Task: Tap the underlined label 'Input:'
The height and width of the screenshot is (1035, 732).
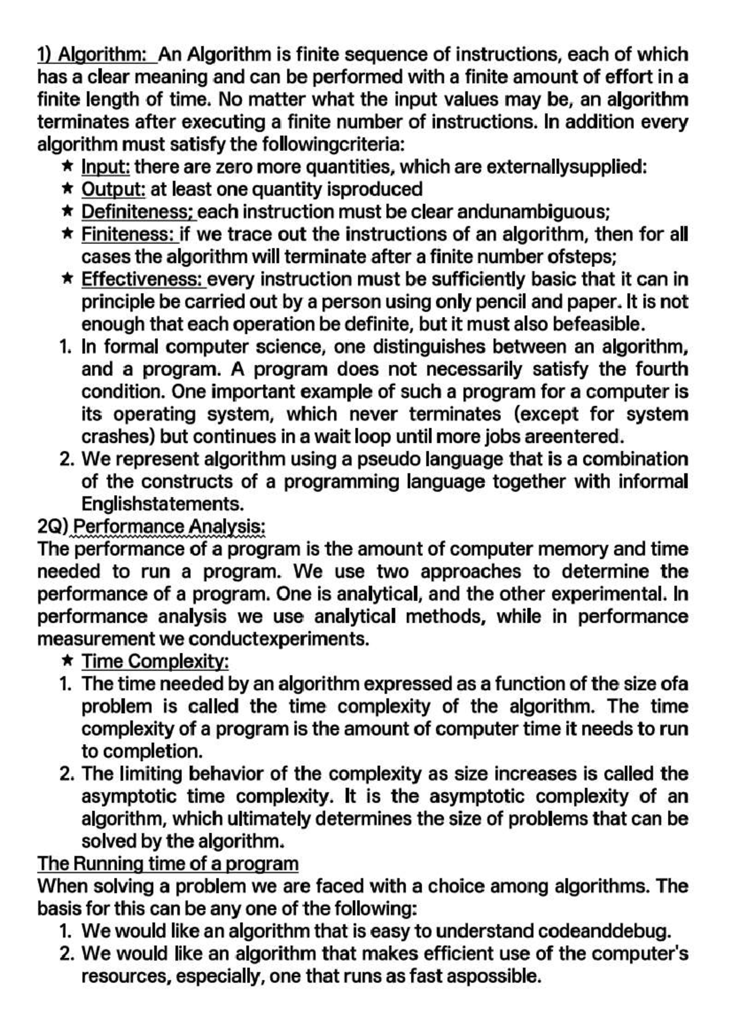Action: pos(106,167)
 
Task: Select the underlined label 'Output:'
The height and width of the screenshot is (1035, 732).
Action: pos(113,189)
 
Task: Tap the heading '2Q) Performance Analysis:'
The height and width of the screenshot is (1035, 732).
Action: pos(151,526)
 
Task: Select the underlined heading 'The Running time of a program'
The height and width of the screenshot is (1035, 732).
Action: pos(168,864)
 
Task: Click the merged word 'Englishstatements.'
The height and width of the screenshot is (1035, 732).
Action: pos(163,504)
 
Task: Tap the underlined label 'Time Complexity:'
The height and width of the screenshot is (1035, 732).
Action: pos(155,661)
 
